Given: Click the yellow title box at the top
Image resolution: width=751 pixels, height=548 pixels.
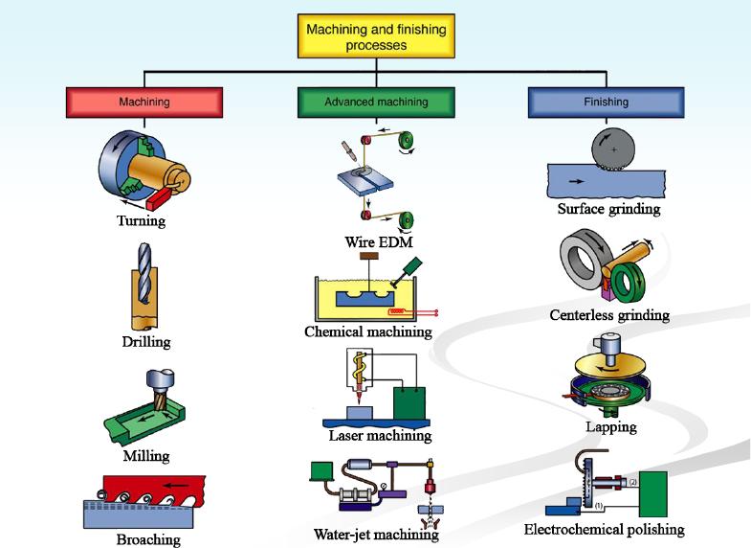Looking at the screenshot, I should pyautogui.click(x=375, y=37).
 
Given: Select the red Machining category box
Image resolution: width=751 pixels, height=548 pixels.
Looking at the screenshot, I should pyautogui.click(x=144, y=102).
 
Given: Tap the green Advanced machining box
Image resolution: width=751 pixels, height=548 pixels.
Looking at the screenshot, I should pyautogui.click(x=376, y=102).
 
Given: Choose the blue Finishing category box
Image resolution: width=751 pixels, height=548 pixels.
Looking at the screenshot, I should pyautogui.click(x=606, y=102).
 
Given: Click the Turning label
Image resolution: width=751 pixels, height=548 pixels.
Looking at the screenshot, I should pyautogui.click(x=142, y=221).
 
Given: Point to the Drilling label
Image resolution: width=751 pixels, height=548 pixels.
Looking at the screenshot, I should pyautogui.click(x=146, y=341).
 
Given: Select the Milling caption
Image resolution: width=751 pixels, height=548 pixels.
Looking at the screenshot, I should pyautogui.click(x=146, y=456).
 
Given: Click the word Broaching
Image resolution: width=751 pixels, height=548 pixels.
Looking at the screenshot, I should pyautogui.click(x=147, y=539).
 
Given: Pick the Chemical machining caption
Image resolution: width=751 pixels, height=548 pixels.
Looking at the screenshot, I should pyautogui.click(x=368, y=332).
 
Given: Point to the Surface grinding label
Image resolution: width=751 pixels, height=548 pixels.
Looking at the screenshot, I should pyautogui.click(x=609, y=209).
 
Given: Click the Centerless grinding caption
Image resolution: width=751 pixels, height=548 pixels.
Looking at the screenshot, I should pyautogui.click(x=609, y=314).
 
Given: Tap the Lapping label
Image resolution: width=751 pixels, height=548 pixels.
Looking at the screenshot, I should pyautogui.click(x=610, y=426).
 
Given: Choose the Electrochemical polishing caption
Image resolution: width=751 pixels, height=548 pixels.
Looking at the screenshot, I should pyautogui.click(x=605, y=529).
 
